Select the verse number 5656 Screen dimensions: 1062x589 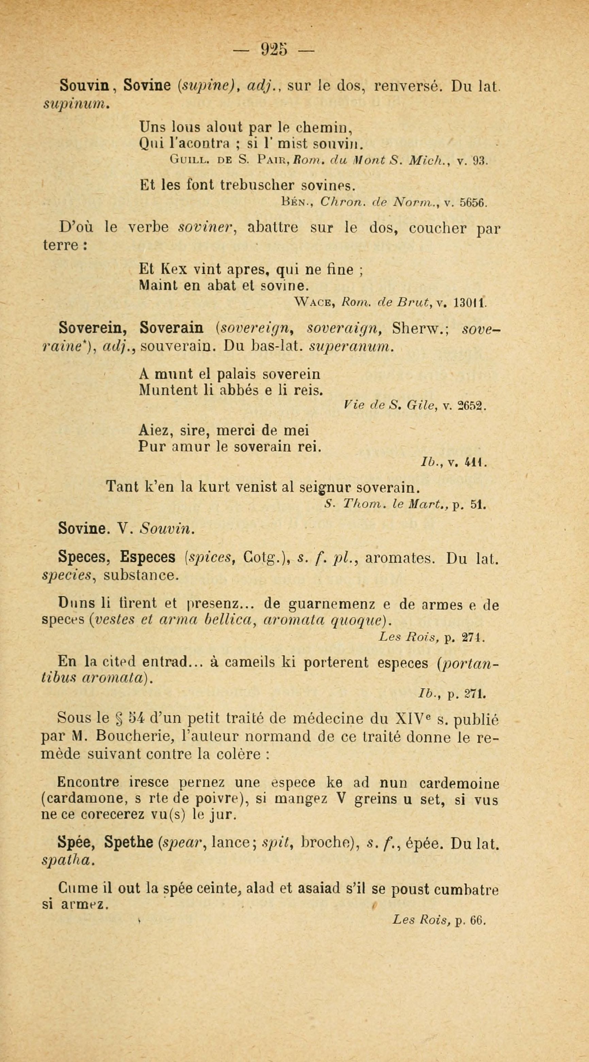coord(474,203)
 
